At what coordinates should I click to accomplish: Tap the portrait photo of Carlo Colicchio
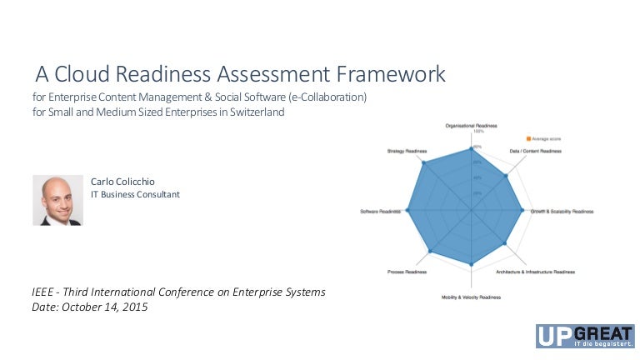[x=57, y=200]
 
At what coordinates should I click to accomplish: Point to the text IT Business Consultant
[x=135, y=194]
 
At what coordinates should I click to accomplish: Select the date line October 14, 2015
[x=89, y=307]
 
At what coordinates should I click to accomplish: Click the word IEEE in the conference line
[x=44, y=292]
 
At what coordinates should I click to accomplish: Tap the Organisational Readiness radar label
[x=471, y=125]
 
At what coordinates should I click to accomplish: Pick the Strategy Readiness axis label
[x=407, y=151]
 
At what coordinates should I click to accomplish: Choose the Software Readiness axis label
[x=380, y=212]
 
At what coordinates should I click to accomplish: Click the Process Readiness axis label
[x=407, y=272]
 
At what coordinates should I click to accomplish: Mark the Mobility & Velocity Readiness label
[x=471, y=297]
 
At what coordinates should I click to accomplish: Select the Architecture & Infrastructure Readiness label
[x=535, y=272]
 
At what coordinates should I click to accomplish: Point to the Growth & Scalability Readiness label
[x=562, y=212]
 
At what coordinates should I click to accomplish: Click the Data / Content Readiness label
[x=535, y=151]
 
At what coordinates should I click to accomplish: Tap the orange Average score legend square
[x=528, y=137]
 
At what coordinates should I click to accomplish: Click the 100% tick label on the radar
[x=478, y=132]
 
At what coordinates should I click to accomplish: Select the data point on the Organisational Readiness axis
[x=471, y=148]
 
